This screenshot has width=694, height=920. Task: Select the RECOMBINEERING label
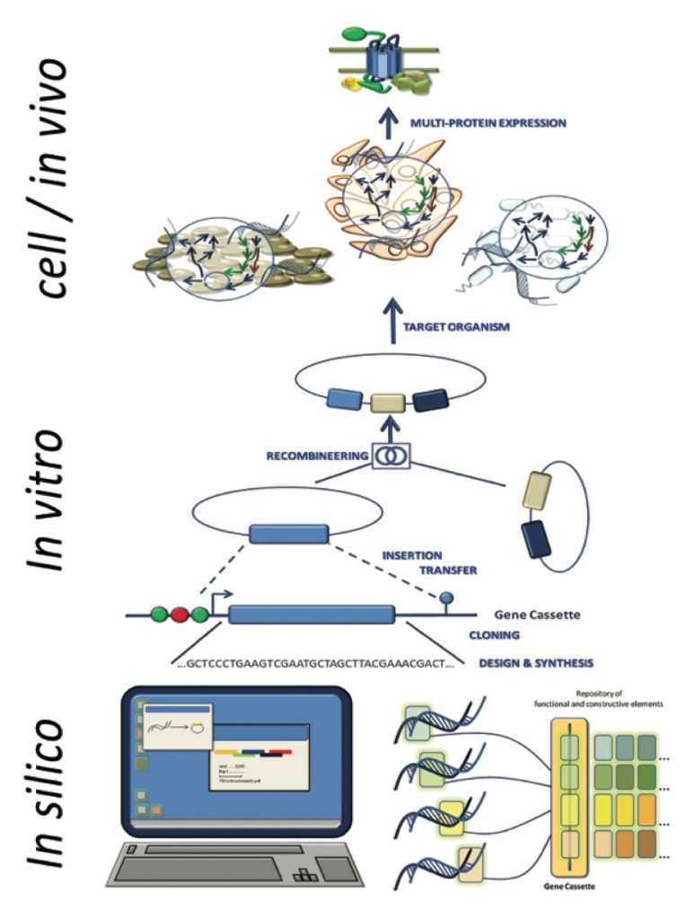click(x=317, y=456)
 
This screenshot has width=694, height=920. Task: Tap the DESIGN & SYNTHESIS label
click(x=535, y=663)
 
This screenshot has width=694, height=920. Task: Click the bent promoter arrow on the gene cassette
click(x=219, y=597)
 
